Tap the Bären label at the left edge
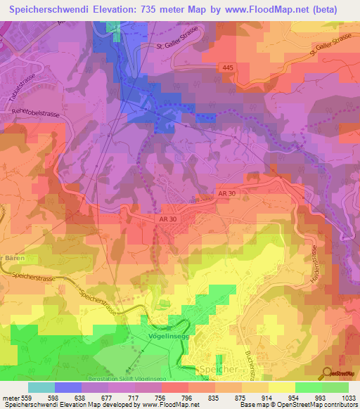click(x=8, y=258)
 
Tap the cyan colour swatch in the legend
click(x=41, y=387)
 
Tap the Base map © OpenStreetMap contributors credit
click(x=298, y=405)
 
